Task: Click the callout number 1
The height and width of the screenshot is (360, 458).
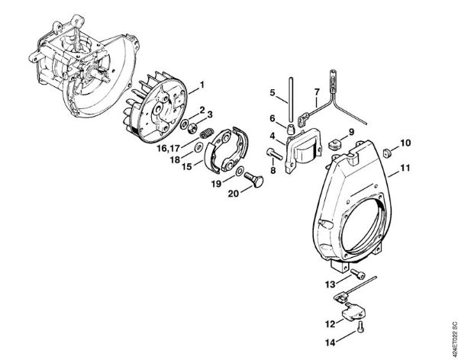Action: click(x=202, y=83)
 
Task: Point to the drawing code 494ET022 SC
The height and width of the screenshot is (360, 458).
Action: click(x=450, y=328)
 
